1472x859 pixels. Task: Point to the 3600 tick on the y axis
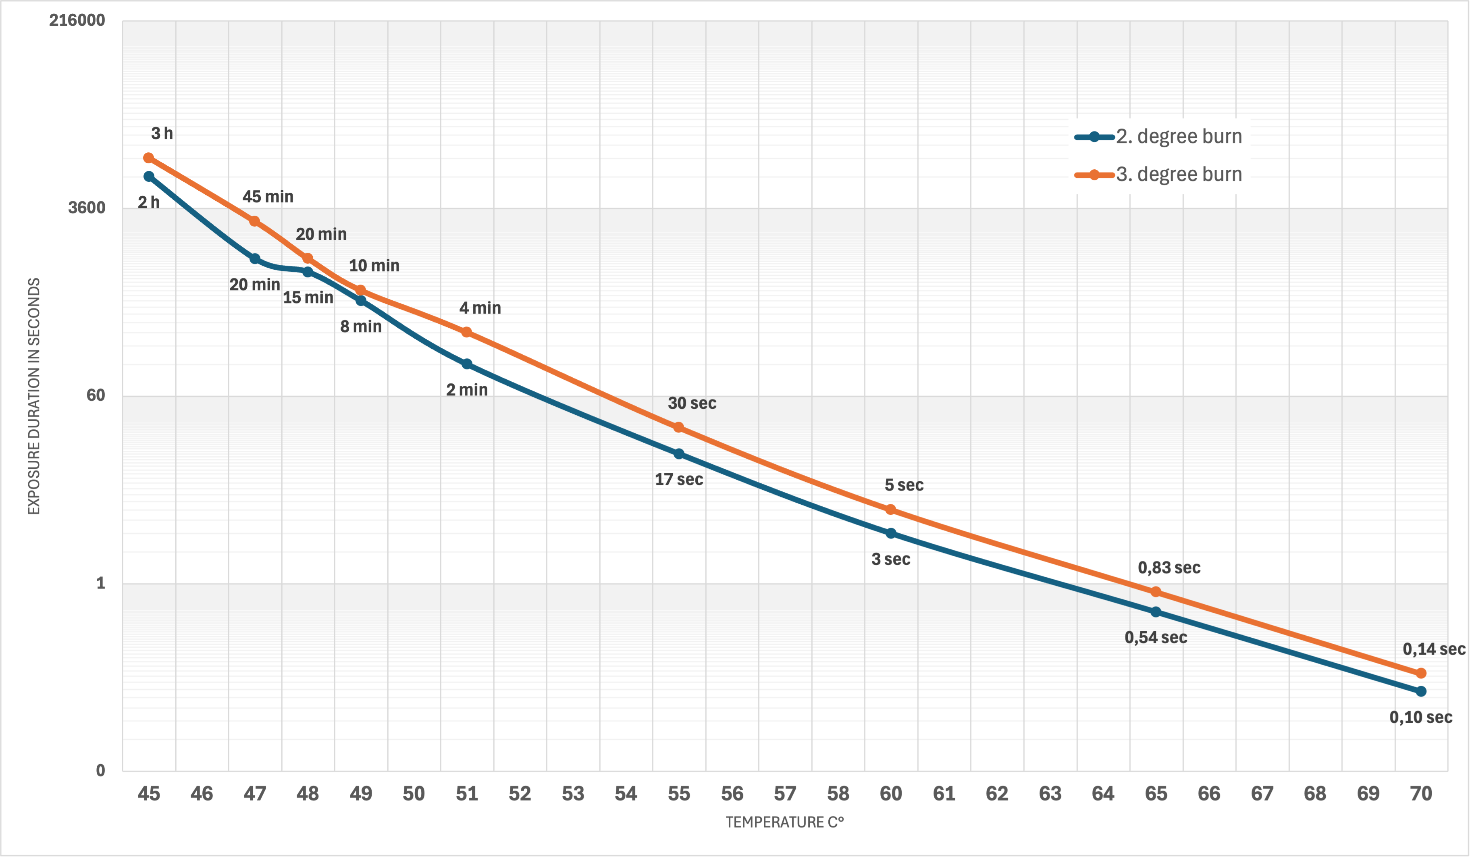[x=86, y=208]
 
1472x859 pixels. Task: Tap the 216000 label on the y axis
[x=77, y=21]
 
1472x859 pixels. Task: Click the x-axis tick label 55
[x=679, y=794]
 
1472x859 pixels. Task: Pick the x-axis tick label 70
[x=1421, y=794]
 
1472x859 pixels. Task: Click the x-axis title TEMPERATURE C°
[x=784, y=822]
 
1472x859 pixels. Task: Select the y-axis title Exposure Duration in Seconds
[x=34, y=396]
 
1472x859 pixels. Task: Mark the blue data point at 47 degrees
[x=255, y=259]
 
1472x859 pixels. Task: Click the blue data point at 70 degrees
[x=1421, y=691]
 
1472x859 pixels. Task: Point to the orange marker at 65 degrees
[x=1156, y=593]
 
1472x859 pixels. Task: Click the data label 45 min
[x=268, y=197]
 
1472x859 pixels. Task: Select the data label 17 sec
[x=679, y=480]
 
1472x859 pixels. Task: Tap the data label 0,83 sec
[x=1169, y=568]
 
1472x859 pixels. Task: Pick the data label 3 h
[x=162, y=134]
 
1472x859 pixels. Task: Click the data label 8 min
[x=361, y=327]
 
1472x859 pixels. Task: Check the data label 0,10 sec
[x=1420, y=718]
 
